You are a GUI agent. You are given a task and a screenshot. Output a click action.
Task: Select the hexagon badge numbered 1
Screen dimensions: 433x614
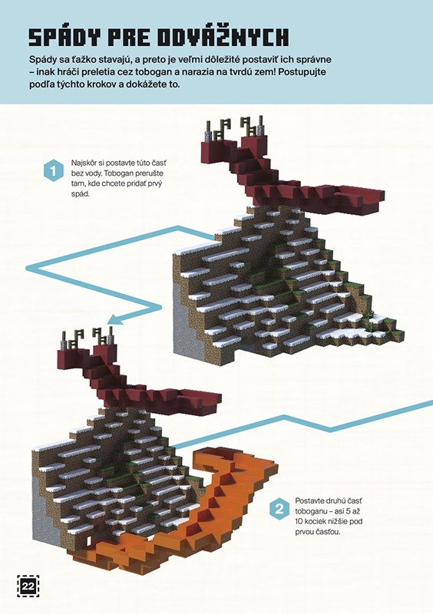coord(54,170)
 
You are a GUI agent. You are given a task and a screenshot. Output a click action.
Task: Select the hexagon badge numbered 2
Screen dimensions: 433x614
coord(279,510)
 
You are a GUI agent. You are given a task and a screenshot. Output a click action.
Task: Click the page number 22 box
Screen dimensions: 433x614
coord(28,586)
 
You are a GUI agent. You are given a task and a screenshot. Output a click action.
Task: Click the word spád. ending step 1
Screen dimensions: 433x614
coord(80,194)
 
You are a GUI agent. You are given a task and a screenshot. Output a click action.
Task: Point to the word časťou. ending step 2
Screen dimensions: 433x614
coord(328,532)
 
